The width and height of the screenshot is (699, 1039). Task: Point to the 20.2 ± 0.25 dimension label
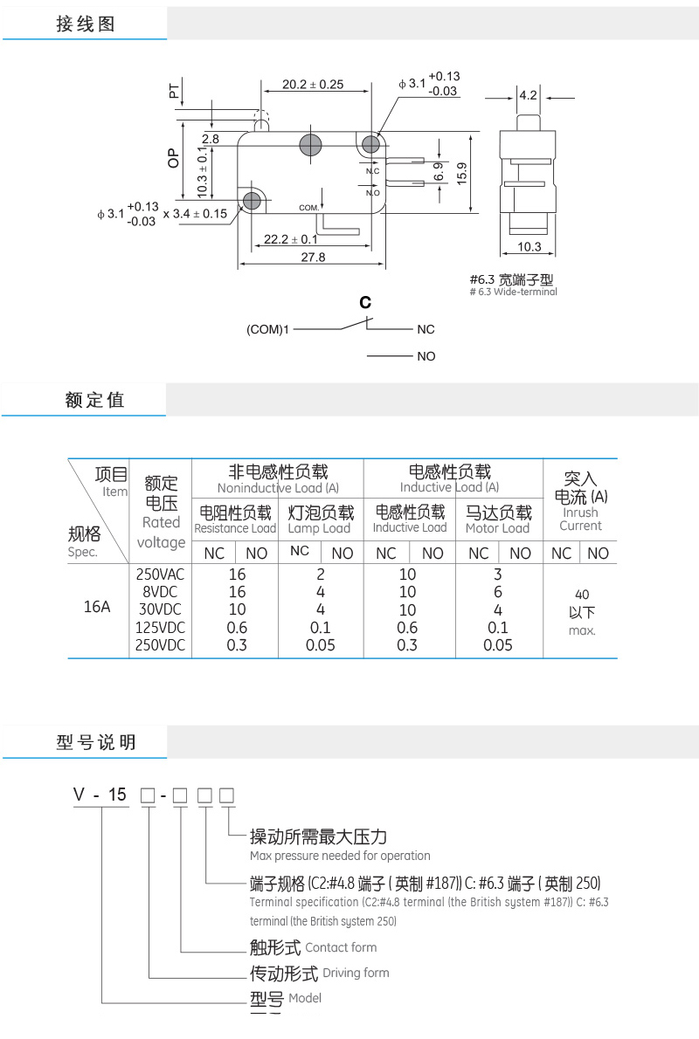point(313,85)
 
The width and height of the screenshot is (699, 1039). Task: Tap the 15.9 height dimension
point(462,173)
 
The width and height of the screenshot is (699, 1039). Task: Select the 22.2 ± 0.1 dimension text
point(291,239)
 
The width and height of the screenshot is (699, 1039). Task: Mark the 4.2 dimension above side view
point(528,95)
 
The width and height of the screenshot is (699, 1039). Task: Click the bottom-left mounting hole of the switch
point(253,201)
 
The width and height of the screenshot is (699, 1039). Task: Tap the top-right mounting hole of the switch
point(370,144)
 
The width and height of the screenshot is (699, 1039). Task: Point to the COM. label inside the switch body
point(309,208)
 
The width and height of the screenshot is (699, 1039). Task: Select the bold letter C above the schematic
point(365,303)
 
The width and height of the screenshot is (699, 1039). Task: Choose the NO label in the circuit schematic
point(426,356)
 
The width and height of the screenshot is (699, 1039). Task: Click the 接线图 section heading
point(85,24)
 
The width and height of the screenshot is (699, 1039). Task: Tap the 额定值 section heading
point(94,400)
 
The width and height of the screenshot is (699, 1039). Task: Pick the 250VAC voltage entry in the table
point(161,575)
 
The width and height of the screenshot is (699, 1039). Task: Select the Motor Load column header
point(497,528)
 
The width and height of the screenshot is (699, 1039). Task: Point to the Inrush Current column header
point(580,519)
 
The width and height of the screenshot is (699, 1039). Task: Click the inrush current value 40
point(582,595)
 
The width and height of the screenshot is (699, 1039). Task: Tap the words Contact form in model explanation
point(341,947)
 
